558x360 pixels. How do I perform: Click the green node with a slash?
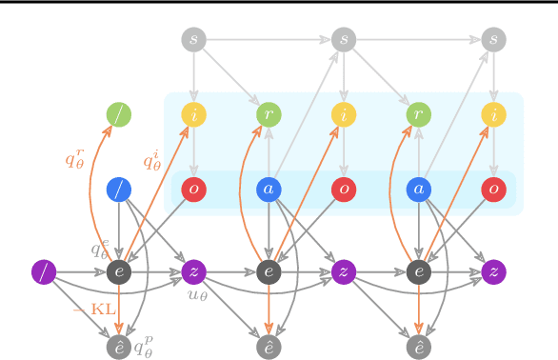pyautogui.click(x=119, y=115)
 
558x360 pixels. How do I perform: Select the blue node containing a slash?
pyautogui.click(x=119, y=189)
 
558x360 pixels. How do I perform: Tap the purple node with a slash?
pyautogui.click(x=44, y=271)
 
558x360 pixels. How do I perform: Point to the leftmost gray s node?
pyautogui.click(x=194, y=40)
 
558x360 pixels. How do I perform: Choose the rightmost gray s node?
pyautogui.click(x=492, y=40)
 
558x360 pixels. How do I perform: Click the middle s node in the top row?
pyautogui.click(x=344, y=40)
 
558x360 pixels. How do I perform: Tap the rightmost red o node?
pyautogui.click(x=492, y=189)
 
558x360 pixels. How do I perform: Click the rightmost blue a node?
pyautogui.click(x=418, y=189)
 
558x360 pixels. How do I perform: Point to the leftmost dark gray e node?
pyautogui.click(x=119, y=271)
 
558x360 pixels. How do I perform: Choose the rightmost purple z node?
pyautogui.click(x=492, y=271)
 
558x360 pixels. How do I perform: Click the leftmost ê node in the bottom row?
pyautogui.click(x=119, y=347)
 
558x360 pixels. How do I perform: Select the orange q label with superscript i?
pyautogui.click(x=152, y=160)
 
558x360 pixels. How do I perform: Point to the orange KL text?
pyautogui.click(x=96, y=309)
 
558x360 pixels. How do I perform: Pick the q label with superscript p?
pyautogui.click(x=144, y=347)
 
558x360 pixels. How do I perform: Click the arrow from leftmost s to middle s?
pyautogui.click(x=269, y=40)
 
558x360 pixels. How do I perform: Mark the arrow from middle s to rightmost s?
pyautogui.click(x=418, y=40)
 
